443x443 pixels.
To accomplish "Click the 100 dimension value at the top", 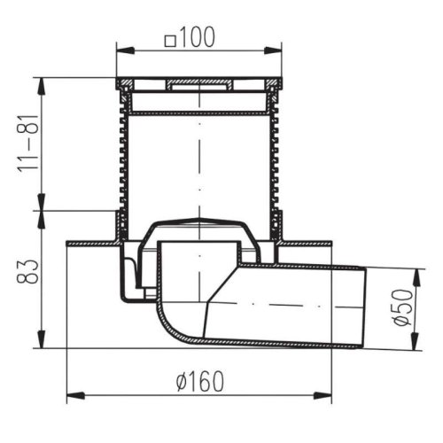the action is click(197, 37).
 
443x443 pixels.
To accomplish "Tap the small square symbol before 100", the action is click(170, 41).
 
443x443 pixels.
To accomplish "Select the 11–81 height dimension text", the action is click(28, 144).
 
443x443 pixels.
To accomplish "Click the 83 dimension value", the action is click(27, 272).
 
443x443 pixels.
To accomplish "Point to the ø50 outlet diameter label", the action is click(403, 307).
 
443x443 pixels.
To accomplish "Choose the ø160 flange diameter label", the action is click(200, 381).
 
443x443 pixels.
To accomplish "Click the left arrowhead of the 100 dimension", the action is click(126, 51).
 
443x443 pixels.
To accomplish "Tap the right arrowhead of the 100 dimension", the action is click(273, 51).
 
